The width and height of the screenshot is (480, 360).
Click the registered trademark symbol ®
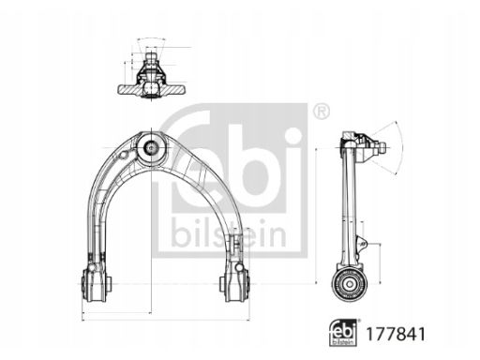click(x=321, y=112)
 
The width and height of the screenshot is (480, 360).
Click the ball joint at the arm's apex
click(x=150, y=147)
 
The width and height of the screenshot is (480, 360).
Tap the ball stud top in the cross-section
click(x=150, y=53)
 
